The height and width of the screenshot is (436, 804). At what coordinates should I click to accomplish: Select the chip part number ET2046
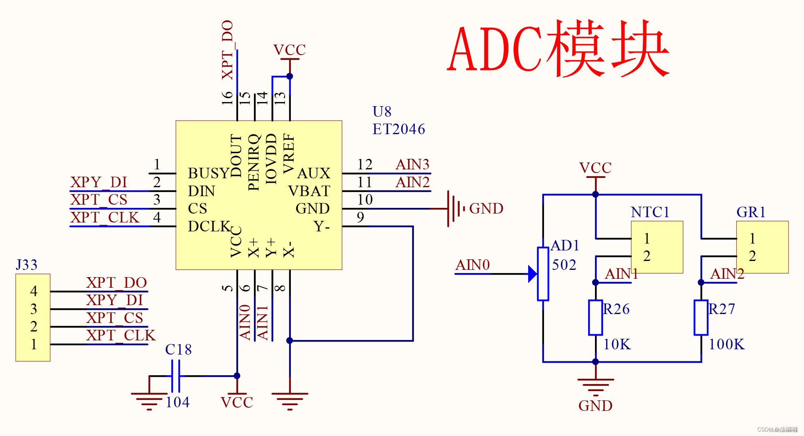coord(399,129)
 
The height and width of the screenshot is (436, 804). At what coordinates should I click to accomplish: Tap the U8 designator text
coord(382,111)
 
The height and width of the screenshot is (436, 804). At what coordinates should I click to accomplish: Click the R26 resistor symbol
coord(595,318)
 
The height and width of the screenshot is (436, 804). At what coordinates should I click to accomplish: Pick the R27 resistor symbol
coord(701,318)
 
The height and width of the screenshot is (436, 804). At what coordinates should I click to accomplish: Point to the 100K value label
coord(727,344)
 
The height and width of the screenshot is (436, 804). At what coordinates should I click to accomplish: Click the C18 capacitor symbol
coord(175,376)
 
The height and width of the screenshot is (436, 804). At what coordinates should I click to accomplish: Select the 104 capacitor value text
coord(177,402)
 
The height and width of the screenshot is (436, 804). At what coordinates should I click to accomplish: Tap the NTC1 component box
coord(657,247)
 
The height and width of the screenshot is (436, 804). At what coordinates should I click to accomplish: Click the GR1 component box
coord(762,247)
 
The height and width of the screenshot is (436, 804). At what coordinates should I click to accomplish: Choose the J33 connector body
coord(33,318)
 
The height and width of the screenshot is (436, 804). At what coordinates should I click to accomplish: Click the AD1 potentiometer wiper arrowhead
coord(532,274)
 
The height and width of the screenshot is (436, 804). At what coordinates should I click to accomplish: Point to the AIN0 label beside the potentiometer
coord(472,265)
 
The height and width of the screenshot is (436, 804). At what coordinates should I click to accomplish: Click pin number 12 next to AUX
coord(365,165)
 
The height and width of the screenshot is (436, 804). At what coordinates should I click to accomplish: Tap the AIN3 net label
coord(412,165)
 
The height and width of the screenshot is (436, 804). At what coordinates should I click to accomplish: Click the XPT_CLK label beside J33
coord(121,336)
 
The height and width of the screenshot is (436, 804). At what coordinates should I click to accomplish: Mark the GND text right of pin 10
coord(486,209)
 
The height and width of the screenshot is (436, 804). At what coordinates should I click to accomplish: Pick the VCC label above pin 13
coord(289,50)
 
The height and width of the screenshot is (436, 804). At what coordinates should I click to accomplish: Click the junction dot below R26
coord(595,362)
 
